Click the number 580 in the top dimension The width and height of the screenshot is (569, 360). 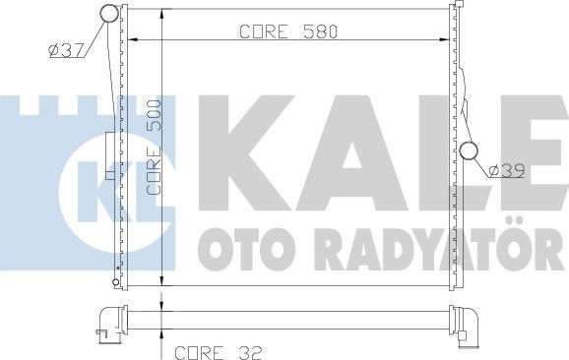[320, 31]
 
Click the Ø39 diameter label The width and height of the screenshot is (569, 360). [505, 170]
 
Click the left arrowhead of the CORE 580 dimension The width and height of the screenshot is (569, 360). [136, 40]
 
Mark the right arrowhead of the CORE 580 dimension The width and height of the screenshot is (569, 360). [445, 40]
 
